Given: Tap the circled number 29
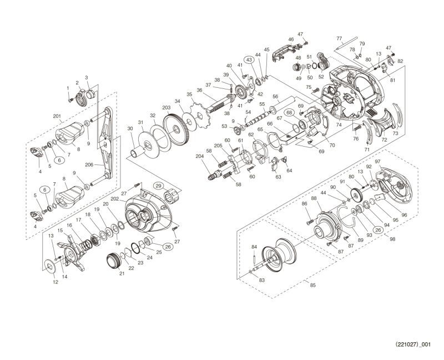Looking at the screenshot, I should (158, 186).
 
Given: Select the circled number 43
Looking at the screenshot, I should (249, 60).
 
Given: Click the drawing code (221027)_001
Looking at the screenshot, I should (412, 344).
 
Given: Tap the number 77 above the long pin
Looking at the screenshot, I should (339, 38).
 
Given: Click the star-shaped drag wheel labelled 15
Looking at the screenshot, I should (72, 253).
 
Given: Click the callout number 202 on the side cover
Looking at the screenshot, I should (114, 199).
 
